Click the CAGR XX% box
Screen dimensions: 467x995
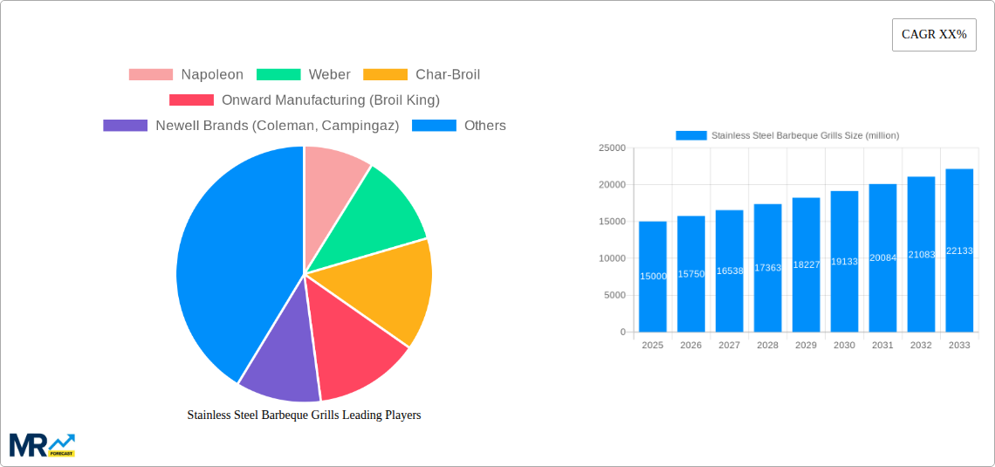point(934,35)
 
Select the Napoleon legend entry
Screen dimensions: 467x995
point(186,74)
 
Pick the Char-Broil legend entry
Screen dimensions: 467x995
point(422,74)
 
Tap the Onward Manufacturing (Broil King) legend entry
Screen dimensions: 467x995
point(305,100)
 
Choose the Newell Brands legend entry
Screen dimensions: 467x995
point(251,125)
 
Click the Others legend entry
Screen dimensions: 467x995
point(459,125)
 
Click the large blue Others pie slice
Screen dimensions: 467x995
point(227,262)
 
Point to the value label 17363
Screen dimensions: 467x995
point(767,268)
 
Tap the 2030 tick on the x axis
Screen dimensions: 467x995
point(844,346)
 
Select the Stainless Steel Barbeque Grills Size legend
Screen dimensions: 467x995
point(787,135)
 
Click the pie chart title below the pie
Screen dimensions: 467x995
point(304,415)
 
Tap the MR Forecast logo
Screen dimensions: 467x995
point(42,444)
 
